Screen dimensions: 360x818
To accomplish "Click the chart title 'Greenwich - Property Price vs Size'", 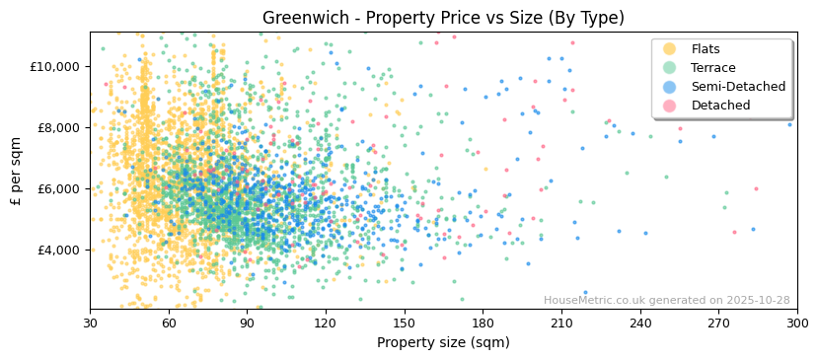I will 443,18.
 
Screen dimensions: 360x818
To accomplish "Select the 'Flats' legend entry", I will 706,49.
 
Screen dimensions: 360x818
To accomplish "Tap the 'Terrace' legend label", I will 712,68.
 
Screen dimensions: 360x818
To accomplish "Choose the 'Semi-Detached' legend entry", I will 738,87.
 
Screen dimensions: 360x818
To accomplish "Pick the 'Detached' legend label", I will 720,106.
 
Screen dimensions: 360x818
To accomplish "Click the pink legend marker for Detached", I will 670,106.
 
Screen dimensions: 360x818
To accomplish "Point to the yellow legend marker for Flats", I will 670,49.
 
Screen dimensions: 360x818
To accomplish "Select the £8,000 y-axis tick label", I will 60,127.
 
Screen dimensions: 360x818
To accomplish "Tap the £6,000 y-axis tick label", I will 60,188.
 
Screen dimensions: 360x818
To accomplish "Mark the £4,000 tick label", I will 60,250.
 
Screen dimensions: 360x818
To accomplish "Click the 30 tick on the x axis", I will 90,323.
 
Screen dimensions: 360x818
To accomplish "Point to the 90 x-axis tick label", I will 247,323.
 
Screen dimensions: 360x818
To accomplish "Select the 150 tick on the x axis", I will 404,323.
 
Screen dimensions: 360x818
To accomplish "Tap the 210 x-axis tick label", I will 561,323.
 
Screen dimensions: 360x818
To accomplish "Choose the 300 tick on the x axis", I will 796,323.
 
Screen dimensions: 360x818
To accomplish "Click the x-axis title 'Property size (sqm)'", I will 443,342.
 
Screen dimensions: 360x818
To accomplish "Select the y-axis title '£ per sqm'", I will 17,171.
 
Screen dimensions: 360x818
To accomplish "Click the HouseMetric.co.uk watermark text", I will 666,300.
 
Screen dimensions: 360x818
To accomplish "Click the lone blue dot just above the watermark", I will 585,292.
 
